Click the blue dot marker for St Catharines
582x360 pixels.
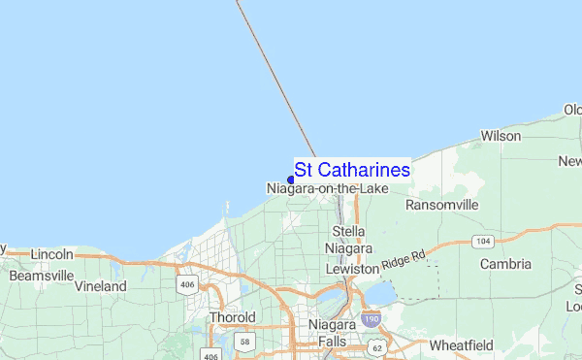(291, 180)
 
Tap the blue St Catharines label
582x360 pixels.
(352, 170)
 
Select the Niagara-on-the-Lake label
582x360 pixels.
(328, 188)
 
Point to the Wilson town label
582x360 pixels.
(501, 137)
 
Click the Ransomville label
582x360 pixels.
(442, 206)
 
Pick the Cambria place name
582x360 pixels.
(505, 264)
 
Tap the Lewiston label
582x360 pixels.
(349, 268)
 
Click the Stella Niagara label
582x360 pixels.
(348, 240)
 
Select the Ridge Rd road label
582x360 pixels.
(404, 259)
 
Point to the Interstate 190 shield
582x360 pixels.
(370, 318)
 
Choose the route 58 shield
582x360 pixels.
(246, 343)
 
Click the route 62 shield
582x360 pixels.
(375, 347)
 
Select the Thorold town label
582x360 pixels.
(233, 317)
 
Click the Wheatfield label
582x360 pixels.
(461, 345)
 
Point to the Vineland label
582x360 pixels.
(101, 286)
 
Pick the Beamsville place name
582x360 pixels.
(42, 276)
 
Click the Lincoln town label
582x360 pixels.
(52, 254)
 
